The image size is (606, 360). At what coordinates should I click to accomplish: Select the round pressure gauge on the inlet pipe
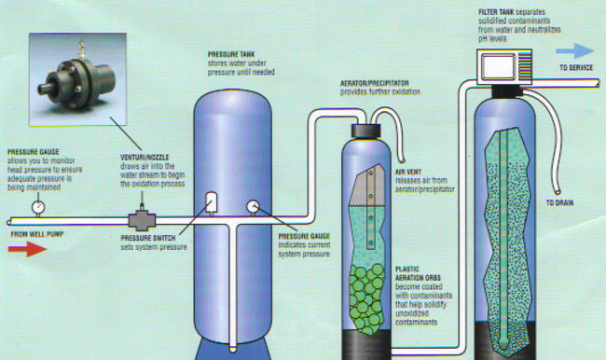coord(38,206)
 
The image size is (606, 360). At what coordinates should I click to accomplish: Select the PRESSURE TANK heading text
coord(227,54)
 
